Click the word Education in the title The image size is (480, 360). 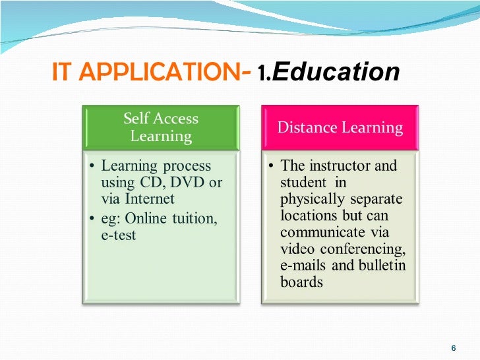tap(336, 72)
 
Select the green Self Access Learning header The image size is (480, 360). tap(161, 127)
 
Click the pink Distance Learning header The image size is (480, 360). tap(340, 127)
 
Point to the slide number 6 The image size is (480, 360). tap(453, 348)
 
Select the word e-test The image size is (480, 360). tap(119, 235)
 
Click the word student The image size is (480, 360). tap(303, 182)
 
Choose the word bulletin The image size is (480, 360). tap(382, 266)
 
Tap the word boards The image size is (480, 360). tap(301, 282)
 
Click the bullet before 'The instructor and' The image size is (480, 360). tap(270, 165)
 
